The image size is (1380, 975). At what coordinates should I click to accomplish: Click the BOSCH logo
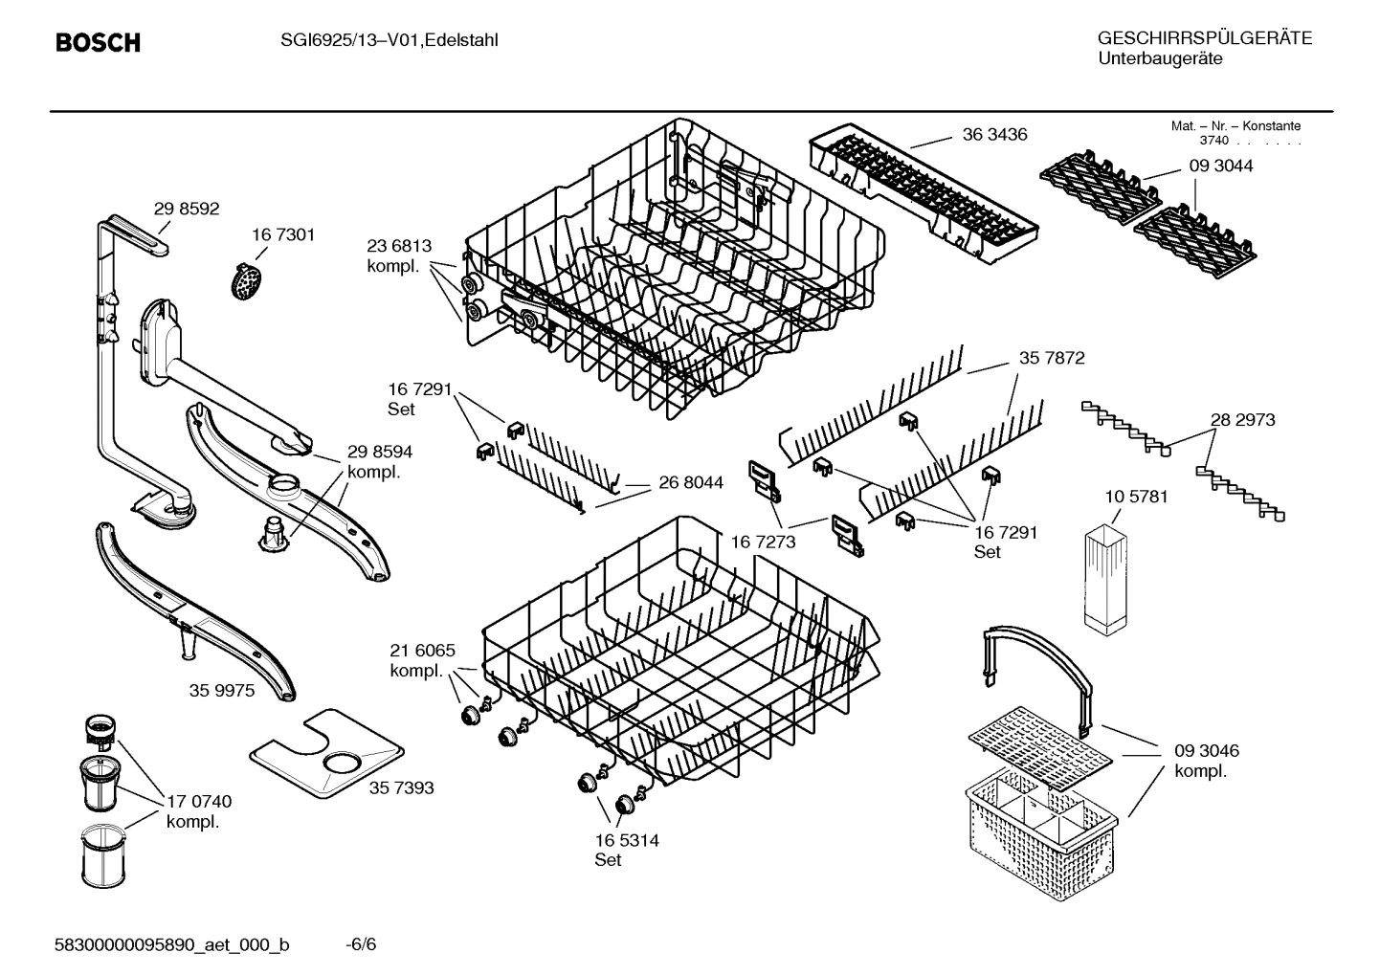pyautogui.click(x=98, y=43)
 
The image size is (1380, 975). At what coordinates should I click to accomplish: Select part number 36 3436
pyautogui.click(x=994, y=135)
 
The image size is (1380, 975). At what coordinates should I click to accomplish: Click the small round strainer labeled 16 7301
pyautogui.click(x=248, y=281)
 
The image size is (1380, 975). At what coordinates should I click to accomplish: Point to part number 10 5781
pyautogui.click(x=1136, y=498)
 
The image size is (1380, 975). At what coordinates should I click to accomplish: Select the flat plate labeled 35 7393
pyautogui.click(x=323, y=754)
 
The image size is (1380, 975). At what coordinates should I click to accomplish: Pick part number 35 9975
pyautogui.click(x=222, y=690)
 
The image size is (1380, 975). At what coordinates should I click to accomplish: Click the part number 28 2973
pyautogui.click(x=1242, y=420)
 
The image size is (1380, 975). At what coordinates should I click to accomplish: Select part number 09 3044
pyautogui.click(x=1220, y=166)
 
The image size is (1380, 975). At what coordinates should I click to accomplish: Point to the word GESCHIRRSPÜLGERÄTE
pyautogui.click(x=1204, y=38)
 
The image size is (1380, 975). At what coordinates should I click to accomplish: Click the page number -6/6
pyautogui.click(x=361, y=944)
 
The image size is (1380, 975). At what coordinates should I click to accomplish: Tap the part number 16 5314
pyautogui.click(x=626, y=841)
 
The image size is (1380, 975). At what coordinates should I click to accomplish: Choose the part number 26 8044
pyautogui.click(x=690, y=483)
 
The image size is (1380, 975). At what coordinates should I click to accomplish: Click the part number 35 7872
pyautogui.click(x=1051, y=358)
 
